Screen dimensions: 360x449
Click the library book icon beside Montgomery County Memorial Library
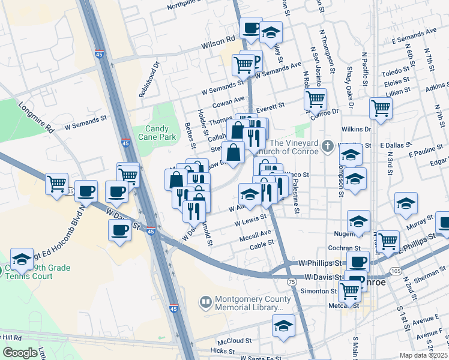(206, 302)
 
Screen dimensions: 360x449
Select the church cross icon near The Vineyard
(328, 146)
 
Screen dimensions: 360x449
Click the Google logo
(20, 353)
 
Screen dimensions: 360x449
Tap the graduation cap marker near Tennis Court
(22, 259)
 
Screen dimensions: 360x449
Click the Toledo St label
(394, 73)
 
